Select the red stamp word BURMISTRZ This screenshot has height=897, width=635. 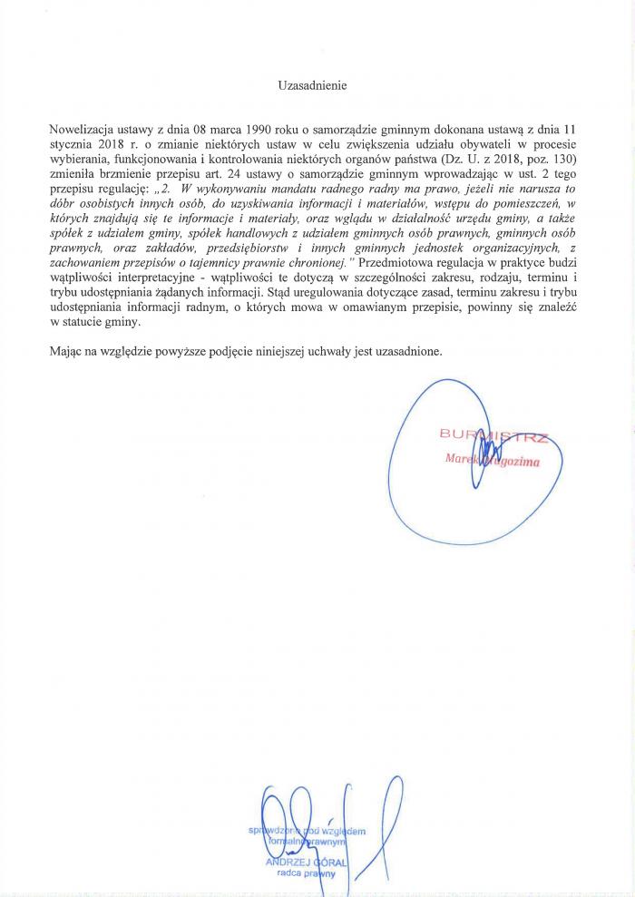(x=493, y=435)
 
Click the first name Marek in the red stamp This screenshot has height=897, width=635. (x=462, y=459)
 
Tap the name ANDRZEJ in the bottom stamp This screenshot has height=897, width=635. (x=287, y=861)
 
